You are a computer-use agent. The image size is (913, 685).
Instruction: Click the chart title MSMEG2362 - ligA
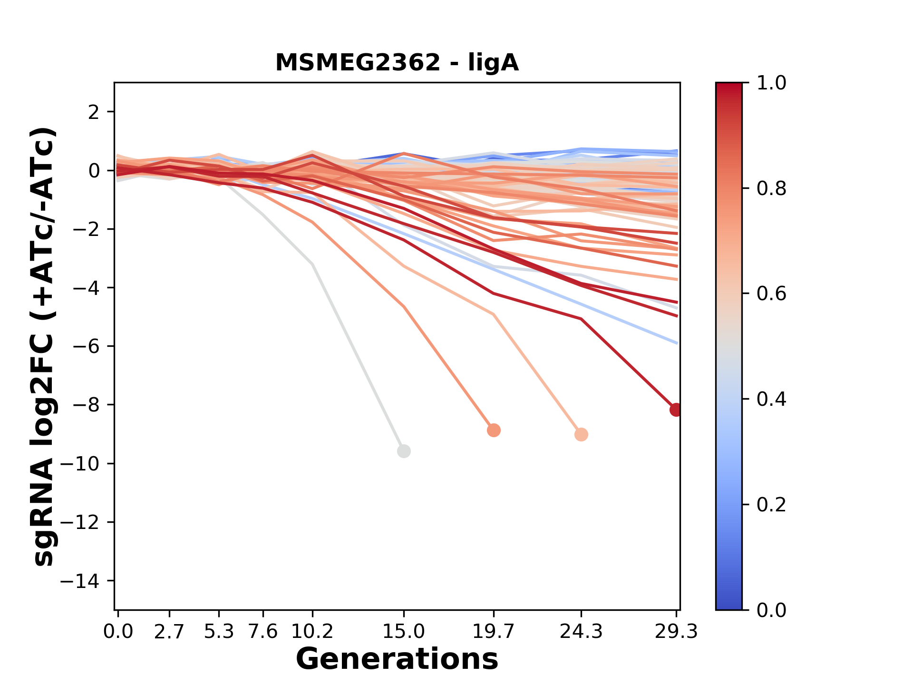tap(397, 63)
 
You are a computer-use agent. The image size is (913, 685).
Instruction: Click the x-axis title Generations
tap(397, 659)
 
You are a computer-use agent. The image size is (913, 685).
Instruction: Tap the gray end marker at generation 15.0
tap(404, 451)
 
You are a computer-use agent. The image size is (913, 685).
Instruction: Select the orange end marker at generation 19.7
tap(494, 430)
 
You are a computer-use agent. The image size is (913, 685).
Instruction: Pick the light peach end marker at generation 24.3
tap(581, 434)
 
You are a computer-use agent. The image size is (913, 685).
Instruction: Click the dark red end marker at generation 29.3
tap(676, 410)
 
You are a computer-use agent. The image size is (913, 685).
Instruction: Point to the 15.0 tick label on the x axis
tap(404, 632)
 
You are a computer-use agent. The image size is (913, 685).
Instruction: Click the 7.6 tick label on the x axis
tap(263, 632)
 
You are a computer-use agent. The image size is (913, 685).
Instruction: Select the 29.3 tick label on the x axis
tap(676, 632)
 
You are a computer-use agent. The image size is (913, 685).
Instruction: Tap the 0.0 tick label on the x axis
tap(118, 632)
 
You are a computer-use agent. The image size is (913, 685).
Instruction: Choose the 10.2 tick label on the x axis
tap(312, 632)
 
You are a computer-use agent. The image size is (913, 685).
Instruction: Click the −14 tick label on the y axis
tap(80, 581)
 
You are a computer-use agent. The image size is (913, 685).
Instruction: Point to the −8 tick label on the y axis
tap(86, 405)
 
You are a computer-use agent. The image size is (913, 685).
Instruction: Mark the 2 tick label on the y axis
tap(94, 112)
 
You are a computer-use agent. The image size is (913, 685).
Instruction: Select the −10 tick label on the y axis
tap(80, 464)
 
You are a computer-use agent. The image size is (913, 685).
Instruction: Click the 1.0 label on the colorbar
tap(771, 83)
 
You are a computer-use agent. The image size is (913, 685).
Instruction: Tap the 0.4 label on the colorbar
tap(771, 399)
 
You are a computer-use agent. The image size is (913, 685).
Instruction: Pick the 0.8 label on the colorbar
tap(771, 189)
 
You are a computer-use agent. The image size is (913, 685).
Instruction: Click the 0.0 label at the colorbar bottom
tap(771, 610)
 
